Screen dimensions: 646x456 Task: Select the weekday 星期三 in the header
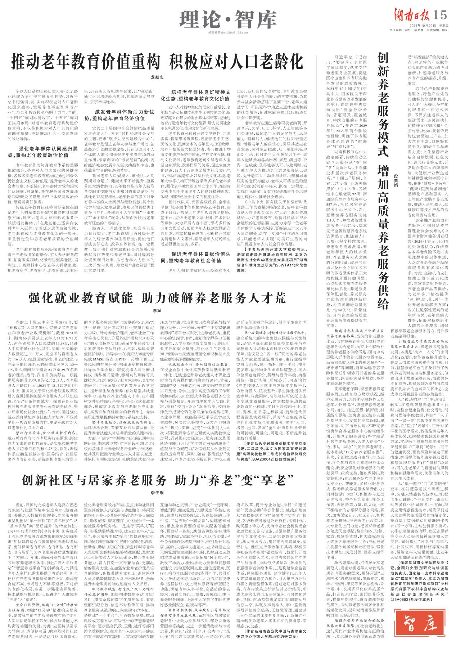[x=443, y=26]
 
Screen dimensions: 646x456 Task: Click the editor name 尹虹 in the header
[x=408, y=30]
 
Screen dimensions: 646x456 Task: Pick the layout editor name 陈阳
[x=446, y=30]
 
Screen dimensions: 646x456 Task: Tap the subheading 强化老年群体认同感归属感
[x=46, y=151]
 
